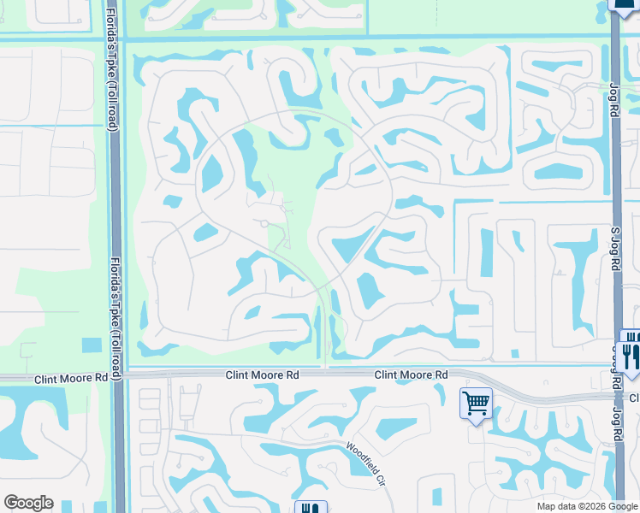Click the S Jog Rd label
[613, 248]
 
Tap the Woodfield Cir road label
[365, 464]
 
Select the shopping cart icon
[476, 402]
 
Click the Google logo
[28, 503]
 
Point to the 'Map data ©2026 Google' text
[587, 506]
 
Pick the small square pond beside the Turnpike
[92, 345]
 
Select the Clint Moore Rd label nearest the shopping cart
[411, 374]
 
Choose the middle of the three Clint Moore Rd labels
[261, 374]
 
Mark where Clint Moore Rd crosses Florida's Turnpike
[118, 374]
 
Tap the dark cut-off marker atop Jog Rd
[625, 4]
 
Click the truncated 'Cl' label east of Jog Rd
[635, 398]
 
